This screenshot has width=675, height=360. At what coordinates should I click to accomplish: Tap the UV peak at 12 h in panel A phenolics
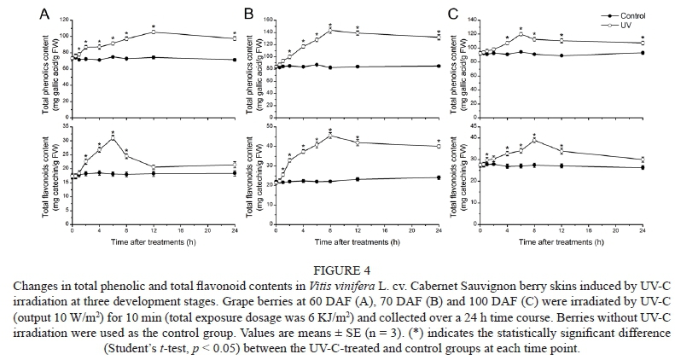tap(153, 32)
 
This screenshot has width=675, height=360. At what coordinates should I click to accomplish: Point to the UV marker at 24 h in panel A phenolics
tap(234, 38)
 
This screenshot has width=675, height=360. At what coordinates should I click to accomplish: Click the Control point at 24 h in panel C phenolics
tap(642, 53)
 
